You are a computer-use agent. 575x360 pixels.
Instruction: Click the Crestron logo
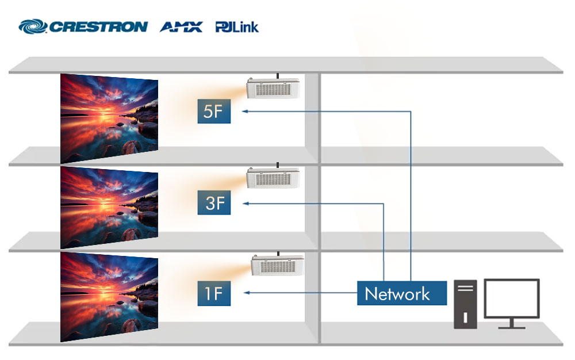pos(83,26)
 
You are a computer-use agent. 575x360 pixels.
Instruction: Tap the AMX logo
pos(181,27)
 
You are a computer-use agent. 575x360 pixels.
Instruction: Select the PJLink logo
pos(237,27)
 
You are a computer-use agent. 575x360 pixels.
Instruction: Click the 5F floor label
pos(214,111)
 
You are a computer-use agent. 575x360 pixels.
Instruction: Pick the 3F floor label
pos(214,202)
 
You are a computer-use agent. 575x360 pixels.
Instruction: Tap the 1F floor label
pos(214,293)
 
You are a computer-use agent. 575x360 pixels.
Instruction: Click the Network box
pos(402,293)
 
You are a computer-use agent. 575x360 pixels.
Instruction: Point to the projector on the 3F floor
pos(273,178)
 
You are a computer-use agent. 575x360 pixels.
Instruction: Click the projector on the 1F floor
pos(277,265)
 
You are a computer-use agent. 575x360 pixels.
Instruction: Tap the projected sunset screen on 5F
pos(109,118)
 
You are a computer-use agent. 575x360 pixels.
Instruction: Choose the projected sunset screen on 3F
pos(109,208)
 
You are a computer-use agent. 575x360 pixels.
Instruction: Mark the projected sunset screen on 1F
pos(109,297)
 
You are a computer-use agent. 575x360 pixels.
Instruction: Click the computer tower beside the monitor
pos(465,304)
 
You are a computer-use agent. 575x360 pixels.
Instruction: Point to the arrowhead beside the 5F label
pos(245,111)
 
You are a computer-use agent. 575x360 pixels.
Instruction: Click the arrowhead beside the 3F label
pos(246,204)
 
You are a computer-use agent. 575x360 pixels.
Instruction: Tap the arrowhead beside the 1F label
pos(247,293)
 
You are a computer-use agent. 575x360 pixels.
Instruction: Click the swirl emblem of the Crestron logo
pos(33,26)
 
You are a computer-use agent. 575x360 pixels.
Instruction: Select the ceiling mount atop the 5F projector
pos(277,76)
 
